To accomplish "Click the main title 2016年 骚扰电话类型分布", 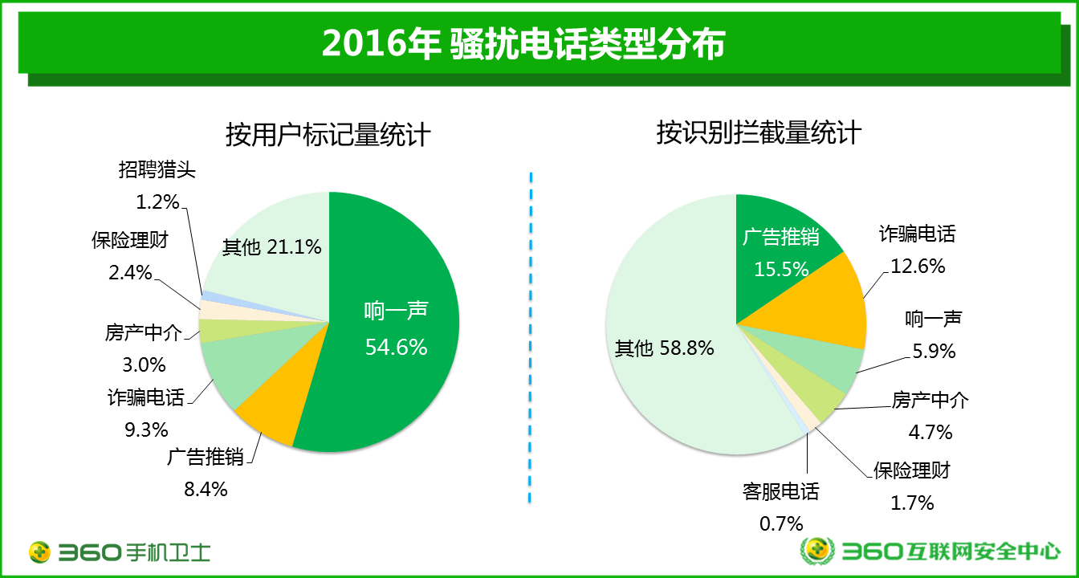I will pyautogui.click(x=523, y=45).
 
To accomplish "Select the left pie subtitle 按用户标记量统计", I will pyautogui.click(x=328, y=135).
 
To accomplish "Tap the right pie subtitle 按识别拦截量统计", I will pyautogui.click(x=759, y=132).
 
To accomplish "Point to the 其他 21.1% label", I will pyautogui.click(x=272, y=247).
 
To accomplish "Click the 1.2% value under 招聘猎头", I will pyautogui.click(x=157, y=201).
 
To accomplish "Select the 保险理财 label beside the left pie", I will pyautogui.click(x=130, y=241).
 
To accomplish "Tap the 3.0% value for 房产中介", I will pyautogui.click(x=145, y=364).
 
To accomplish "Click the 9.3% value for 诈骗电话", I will pyautogui.click(x=145, y=428).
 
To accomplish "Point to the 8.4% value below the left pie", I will pyautogui.click(x=206, y=488).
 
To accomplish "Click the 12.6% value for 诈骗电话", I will pyautogui.click(x=917, y=266).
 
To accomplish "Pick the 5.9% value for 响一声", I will pyautogui.click(x=934, y=351).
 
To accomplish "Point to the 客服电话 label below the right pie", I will pyautogui.click(x=781, y=491).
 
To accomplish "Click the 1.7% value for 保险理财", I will pyautogui.click(x=912, y=503).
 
